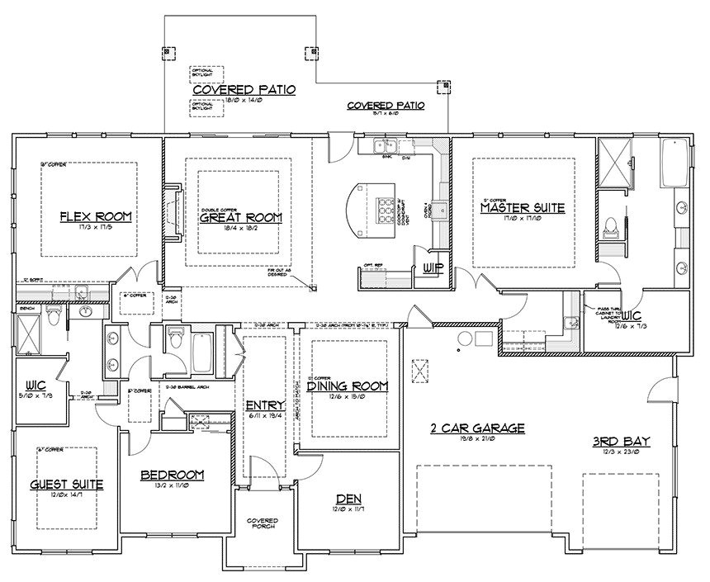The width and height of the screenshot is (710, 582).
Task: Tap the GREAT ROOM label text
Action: tap(241, 218)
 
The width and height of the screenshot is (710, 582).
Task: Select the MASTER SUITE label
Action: tap(522, 209)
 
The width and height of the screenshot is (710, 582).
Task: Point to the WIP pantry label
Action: tap(433, 267)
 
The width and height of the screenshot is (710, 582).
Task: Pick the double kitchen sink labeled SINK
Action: tap(383, 147)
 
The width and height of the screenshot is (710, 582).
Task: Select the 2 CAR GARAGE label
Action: tap(478, 428)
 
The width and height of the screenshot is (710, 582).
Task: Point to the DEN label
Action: tap(347, 498)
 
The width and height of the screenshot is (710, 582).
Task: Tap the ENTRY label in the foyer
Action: tap(265, 405)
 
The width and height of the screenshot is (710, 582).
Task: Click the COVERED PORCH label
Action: tap(263, 524)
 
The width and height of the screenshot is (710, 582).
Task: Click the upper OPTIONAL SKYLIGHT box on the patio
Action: tap(202, 73)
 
